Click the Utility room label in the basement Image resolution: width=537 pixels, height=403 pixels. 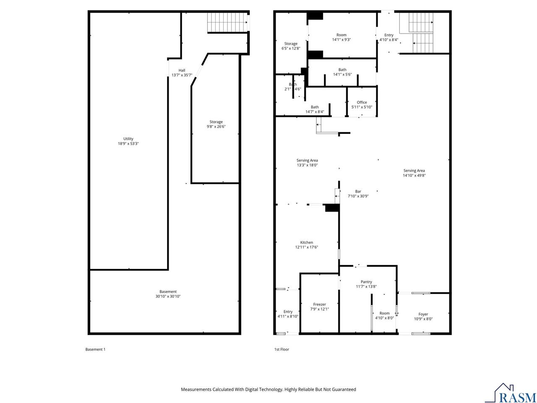pyautogui.click(x=128, y=141)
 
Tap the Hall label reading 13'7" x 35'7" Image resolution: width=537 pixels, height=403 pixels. pyautogui.click(x=182, y=73)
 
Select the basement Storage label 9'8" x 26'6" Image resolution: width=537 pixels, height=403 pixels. pyautogui.click(x=216, y=124)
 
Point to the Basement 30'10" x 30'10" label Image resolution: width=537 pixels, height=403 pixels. pyautogui.click(x=168, y=294)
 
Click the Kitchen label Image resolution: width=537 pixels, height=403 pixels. pyautogui.click(x=306, y=245)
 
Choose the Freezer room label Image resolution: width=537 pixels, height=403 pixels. pyautogui.click(x=319, y=306)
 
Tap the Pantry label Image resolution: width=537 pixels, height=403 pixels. pyautogui.click(x=366, y=284)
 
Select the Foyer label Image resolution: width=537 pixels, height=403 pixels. pyautogui.click(x=423, y=316)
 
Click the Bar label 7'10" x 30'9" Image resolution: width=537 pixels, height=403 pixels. pyautogui.click(x=358, y=194)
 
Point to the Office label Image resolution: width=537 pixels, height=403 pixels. pyautogui.click(x=362, y=105)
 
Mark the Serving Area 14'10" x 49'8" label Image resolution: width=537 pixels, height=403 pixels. pyautogui.click(x=414, y=173)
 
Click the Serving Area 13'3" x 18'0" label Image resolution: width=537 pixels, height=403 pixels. pyautogui.click(x=307, y=162)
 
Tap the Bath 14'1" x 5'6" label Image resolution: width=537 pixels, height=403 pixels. pyautogui.click(x=342, y=72)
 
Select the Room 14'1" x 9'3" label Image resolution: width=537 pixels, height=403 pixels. pyautogui.click(x=341, y=37)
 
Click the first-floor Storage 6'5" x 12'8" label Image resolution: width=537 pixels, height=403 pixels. pyautogui.click(x=291, y=46)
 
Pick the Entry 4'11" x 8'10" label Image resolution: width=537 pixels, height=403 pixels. pyautogui.click(x=288, y=314)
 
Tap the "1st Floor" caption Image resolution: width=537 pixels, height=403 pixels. pyautogui.click(x=282, y=349)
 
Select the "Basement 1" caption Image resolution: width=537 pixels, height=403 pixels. pyautogui.click(x=95, y=349)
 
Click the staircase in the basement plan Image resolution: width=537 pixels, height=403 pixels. pyautogui.click(x=227, y=22)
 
